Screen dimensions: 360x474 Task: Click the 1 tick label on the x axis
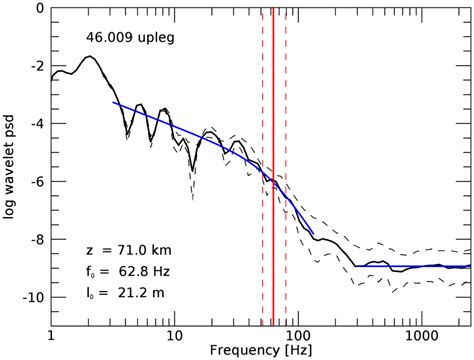[50, 330]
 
